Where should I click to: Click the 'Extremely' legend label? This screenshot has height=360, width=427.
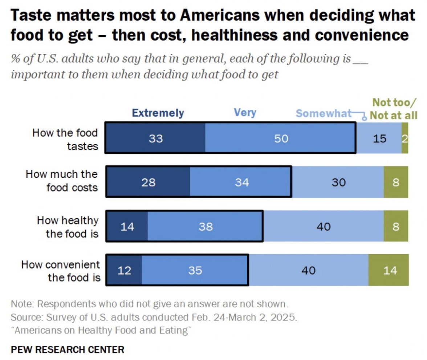tap(158, 113)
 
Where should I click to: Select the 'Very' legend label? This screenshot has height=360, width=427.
tap(245, 113)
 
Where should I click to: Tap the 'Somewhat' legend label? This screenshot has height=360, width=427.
tap(324, 113)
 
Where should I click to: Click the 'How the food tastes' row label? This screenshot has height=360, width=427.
tap(65, 139)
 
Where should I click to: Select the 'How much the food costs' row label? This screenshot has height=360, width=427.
tap(62, 181)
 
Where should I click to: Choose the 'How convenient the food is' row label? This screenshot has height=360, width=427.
tap(61, 271)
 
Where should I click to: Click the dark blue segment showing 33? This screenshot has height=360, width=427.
tap(156, 138)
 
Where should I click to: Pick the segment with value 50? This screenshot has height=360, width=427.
tap(281, 138)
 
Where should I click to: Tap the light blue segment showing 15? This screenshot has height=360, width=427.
tap(379, 138)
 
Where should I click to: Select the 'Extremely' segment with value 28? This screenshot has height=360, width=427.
tap(148, 182)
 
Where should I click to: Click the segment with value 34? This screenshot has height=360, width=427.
tap(241, 182)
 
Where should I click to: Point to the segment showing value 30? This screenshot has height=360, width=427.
tap(338, 182)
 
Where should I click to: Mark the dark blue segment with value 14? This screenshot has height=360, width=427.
tap(127, 226)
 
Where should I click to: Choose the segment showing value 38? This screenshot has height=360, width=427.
tap(205, 226)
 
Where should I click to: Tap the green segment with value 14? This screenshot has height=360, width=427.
tap(389, 271)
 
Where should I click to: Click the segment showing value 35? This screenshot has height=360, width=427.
tap(195, 271)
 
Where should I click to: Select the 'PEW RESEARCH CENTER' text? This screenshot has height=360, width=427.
tap(68, 349)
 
